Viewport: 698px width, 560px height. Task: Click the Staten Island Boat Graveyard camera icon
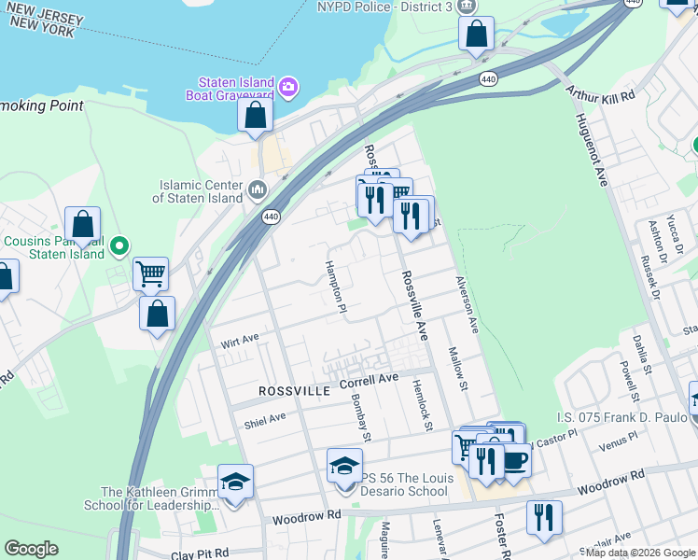pos(288,88)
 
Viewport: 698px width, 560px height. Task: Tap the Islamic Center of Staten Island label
pos(200,191)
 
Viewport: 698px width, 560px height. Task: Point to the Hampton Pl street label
pos(335,286)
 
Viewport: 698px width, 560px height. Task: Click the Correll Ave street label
pos(369,381)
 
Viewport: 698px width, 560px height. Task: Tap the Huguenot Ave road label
pos(592,150)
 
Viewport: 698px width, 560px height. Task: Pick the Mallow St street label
pos(457,371)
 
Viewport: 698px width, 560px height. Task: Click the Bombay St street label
pos(361,416)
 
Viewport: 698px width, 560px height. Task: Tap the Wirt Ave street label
pos(240,342)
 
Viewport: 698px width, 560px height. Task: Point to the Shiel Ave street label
pos(265,419)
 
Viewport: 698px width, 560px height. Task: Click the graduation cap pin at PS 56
pos(344,465)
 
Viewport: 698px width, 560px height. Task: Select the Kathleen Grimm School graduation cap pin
pos(235,481)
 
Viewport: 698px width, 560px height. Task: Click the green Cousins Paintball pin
pos(119,247)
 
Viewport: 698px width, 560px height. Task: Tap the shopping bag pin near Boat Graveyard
pos(255,117)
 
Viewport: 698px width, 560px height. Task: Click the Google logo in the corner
pos(31,549)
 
